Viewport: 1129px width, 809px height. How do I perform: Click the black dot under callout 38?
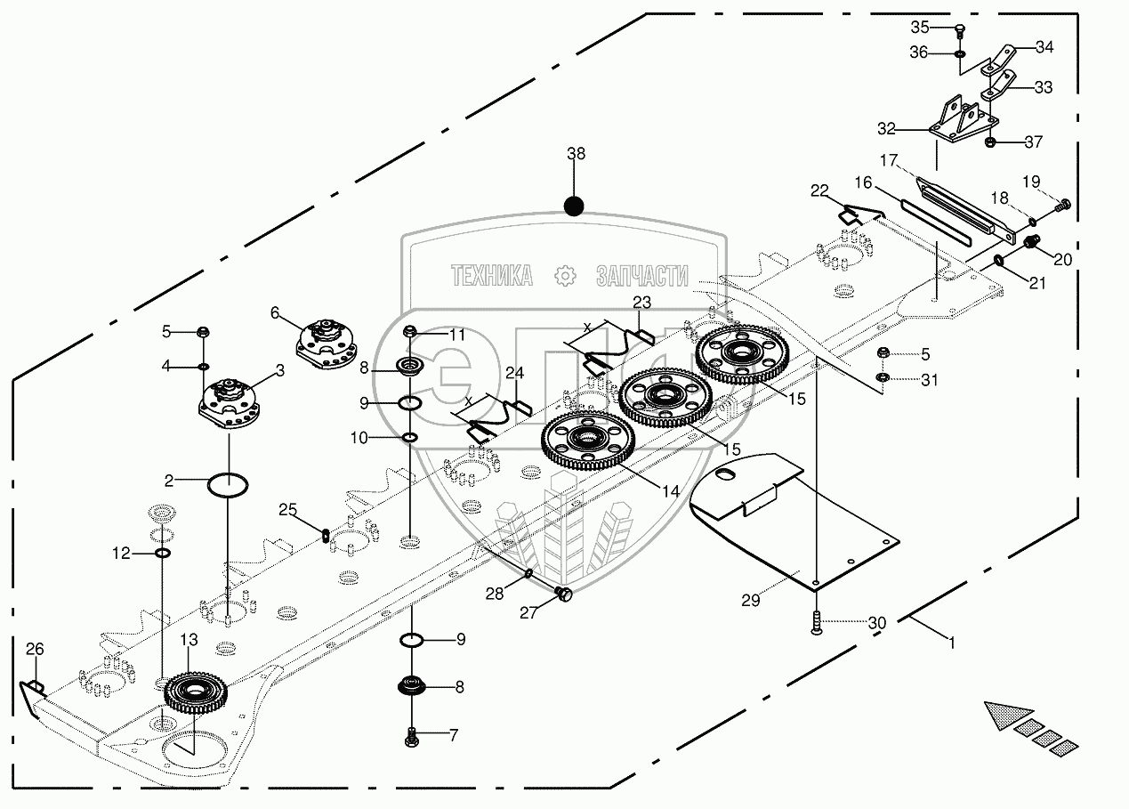(x=574, y=206)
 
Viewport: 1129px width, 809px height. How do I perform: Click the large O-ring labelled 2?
(x=228, y=485)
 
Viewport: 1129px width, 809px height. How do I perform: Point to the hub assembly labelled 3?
(x=230, y=405)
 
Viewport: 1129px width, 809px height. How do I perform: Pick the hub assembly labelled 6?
(x=327, y=344)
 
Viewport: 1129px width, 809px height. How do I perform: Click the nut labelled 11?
(x=410, y=332)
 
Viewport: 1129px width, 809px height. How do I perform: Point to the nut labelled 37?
(x=989, y=142)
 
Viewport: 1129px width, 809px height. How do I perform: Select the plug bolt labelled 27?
(x=564, y=595)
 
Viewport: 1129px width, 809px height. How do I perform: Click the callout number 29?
(x=751, y=601)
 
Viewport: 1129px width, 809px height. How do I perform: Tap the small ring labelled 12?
(x=162, y=553)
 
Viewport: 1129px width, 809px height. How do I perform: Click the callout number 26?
(x=35, y=649)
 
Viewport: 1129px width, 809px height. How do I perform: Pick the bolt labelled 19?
(x=1063, y=206)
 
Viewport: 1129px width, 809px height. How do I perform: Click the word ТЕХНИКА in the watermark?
(x=492, y=275)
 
